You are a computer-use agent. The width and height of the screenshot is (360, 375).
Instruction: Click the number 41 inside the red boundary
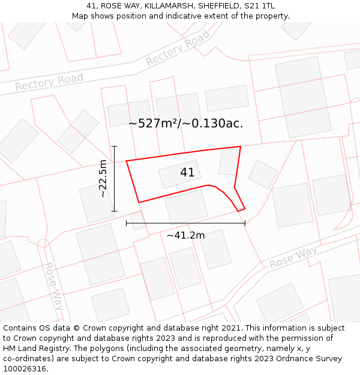point(187,173)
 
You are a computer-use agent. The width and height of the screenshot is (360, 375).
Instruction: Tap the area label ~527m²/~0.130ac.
point(185,124)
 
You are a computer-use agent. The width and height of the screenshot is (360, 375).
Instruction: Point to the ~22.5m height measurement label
point(103,179)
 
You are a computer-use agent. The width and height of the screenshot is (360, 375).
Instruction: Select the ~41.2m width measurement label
point(185,235)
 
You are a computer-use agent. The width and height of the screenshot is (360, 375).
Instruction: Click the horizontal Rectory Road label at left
point(49,82)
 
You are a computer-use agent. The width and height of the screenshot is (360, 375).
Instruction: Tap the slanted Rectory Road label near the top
point(178,49)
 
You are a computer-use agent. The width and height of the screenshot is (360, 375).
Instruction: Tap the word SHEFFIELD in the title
point(221,6)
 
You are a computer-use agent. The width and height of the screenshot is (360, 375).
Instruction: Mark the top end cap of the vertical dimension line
point(114,146)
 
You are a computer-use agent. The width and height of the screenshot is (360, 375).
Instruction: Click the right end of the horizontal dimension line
point(245,223)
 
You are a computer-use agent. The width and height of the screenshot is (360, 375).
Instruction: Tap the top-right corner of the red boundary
point(241,146)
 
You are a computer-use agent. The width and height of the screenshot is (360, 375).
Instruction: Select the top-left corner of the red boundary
point(126,161)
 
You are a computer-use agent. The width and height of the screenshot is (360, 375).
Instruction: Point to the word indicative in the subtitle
point(178,16)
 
